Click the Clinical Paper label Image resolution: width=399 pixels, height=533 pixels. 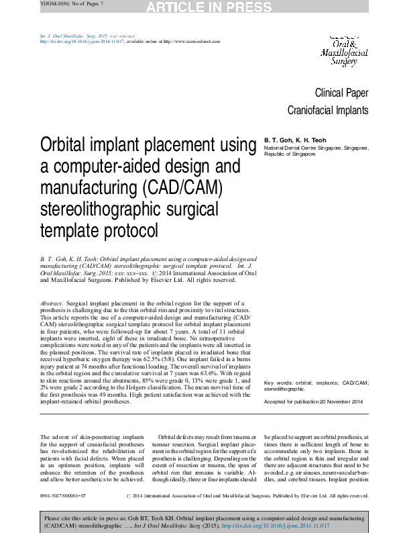[341, 93]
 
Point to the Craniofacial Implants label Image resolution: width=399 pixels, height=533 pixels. [328, 110]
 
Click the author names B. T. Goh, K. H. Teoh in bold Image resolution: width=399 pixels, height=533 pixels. [293, 140]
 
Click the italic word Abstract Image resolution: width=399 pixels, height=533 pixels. [52, 303]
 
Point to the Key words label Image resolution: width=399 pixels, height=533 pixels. [278, 383]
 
